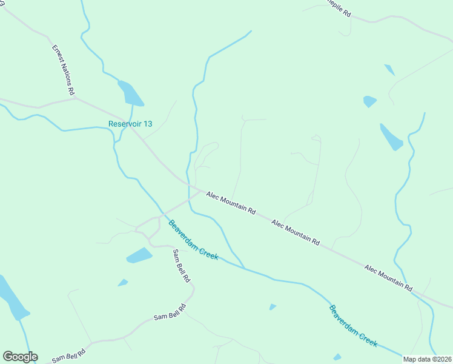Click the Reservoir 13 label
[x=130, y=124]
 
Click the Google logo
[x=20, y=357]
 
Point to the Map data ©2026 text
[x=426, y=359]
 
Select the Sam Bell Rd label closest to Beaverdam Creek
[x=181, y=266]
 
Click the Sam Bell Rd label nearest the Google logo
[x=68, y=354]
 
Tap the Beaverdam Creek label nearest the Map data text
[x=353, y=326]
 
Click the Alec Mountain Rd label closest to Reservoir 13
[x=231, y=203]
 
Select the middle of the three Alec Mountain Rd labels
[x=296, y=232]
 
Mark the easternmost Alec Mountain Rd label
[x=388, y=277]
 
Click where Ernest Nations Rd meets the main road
[x=75, y=97]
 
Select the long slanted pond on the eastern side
[x=391, y=137]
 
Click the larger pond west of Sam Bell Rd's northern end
[x=139, y=255]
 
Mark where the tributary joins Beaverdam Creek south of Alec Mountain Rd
[x=244, y=268]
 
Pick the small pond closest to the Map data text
[x=337, y=357]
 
